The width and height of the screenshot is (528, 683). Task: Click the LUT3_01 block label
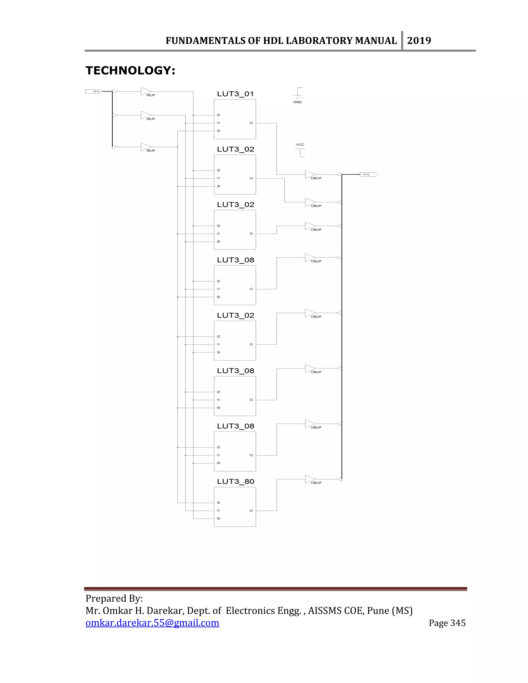coord(235,94)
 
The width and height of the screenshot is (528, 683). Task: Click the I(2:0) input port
coord(94,92)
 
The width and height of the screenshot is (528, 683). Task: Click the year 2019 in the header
coord(419,41)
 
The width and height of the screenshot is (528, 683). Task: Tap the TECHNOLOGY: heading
coord(130,71)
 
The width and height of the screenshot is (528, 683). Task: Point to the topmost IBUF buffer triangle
coord(145,91)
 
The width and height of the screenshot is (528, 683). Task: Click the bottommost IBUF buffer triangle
coord(145,147)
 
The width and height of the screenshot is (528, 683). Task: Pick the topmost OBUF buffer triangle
coord(310,174)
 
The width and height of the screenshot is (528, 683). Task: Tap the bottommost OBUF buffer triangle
coord(310,479)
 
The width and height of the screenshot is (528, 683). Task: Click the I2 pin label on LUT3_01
coord(218,115)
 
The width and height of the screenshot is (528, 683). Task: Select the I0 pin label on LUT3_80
coord(218,519)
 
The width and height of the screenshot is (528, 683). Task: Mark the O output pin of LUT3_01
coord(251,123)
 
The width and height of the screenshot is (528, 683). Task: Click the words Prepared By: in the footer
coord(114,598)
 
